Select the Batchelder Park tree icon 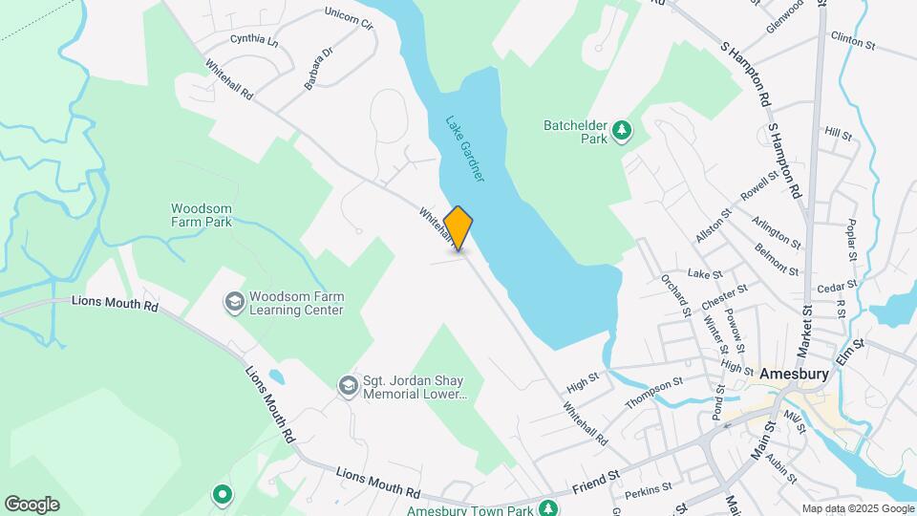coord(623,130)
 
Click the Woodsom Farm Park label coord(203,215)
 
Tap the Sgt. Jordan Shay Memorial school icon coord(348,385)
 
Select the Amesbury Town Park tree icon coord(547,506)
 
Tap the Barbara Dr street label coord(318,70)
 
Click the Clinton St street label coord(853,43)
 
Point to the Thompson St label coord(654,391)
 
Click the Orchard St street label coord(675,294)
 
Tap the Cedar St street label coord(838,286)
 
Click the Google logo coord(32,505)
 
